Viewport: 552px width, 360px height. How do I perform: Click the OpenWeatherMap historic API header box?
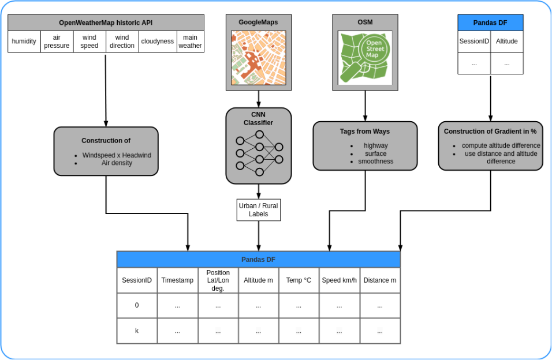point(106,22)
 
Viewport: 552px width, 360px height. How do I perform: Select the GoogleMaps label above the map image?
point(258,22)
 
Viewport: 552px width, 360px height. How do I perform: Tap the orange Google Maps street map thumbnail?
point(259,58)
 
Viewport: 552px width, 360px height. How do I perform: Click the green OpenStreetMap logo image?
point(365,57)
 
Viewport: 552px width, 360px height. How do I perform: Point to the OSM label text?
point(365,22)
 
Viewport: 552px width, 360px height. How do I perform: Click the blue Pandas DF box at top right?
point(490,22)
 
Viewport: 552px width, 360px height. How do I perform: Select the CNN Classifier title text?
point(258,119)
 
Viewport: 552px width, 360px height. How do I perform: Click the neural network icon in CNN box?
point(259,153)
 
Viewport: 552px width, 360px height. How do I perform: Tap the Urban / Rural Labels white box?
point(258,210)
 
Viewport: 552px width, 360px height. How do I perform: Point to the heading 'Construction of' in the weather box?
point(106,141)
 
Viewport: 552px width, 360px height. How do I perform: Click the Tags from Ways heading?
point(365,132)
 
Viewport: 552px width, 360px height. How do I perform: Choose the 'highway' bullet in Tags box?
point(375,146)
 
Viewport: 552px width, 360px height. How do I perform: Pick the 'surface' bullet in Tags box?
point(375,154)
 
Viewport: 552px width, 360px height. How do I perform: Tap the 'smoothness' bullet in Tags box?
point(375,162)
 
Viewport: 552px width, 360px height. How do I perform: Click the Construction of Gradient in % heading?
point(490,132)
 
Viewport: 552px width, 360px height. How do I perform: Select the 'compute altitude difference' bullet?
point(501,146)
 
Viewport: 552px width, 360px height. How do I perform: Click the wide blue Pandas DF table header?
point(258,260)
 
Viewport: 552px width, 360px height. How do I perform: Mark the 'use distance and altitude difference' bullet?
point(501,157)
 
